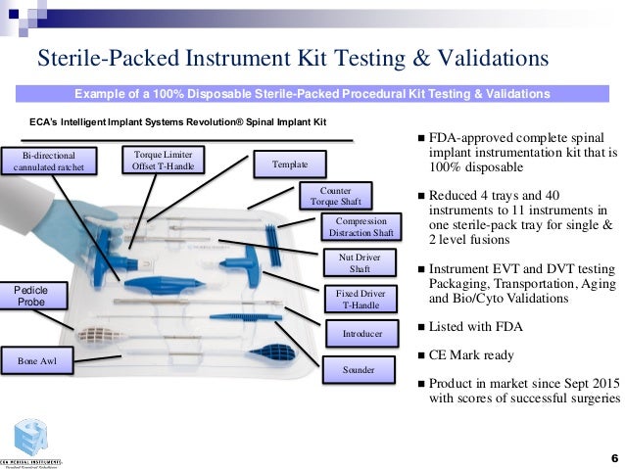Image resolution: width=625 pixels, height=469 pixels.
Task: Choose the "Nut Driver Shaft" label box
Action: click(x=360, y=263)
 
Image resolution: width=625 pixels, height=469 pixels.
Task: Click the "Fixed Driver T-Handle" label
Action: click(x=360, y=299)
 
